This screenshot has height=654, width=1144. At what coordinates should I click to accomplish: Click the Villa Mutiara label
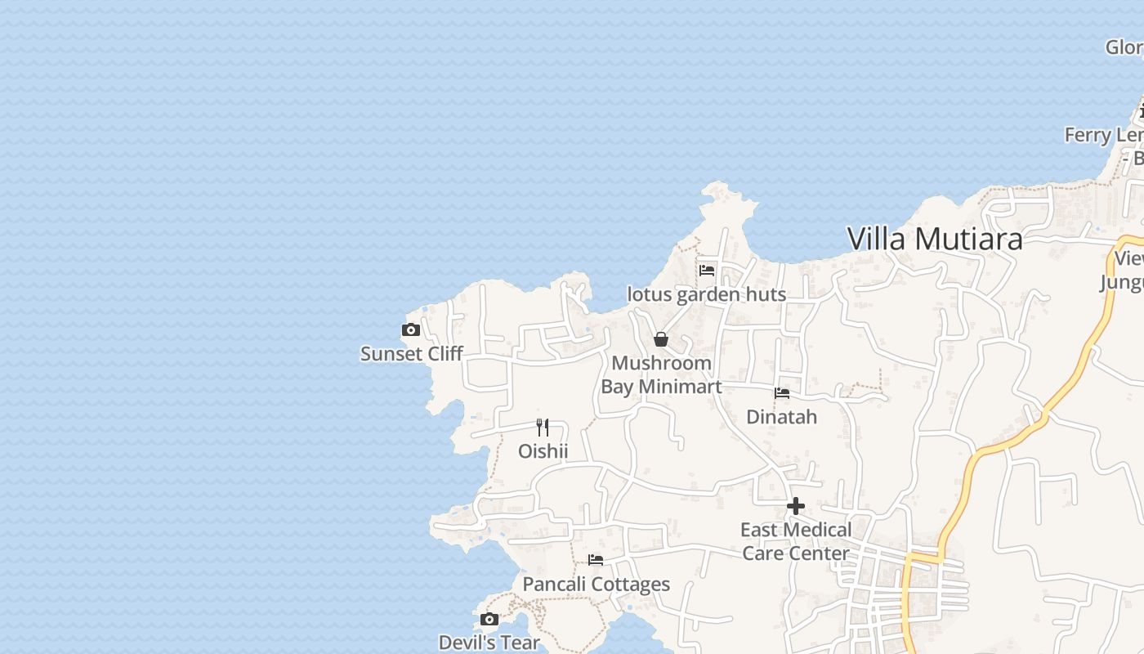tap(934, 239)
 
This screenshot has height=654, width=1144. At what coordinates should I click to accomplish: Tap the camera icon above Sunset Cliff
tap(411, 330)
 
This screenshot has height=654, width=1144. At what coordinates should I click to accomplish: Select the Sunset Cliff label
tap(412, 354)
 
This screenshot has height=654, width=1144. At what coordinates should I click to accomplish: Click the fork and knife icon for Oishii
tap(543, 427)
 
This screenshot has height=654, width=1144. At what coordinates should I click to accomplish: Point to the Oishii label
tap(543, 451)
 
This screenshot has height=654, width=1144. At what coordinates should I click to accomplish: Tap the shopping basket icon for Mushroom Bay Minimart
tap(661, 338)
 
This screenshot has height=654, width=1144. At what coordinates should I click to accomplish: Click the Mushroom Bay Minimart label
tap(661, 374)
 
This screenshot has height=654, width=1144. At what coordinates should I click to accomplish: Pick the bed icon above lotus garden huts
tap(707, 270)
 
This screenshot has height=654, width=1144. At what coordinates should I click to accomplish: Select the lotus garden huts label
tap(706, 294)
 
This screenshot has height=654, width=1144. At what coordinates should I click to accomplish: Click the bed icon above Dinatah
tap(782, 392)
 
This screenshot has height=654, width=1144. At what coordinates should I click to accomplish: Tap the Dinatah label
tap(781, 417)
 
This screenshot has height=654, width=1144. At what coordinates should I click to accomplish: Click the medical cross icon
tap(795, 506)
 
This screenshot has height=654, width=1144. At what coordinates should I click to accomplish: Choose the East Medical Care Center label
tap(795, 541)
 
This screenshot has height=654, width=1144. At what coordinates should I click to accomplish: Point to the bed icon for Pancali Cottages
tap(596, 560)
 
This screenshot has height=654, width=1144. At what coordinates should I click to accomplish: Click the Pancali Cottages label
tap(596, 585)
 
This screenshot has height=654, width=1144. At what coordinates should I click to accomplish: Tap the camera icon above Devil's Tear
tap(489, 619)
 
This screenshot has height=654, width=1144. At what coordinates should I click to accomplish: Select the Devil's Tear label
tap(489, 643)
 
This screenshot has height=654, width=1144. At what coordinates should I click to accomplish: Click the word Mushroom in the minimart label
tap(661, 363)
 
